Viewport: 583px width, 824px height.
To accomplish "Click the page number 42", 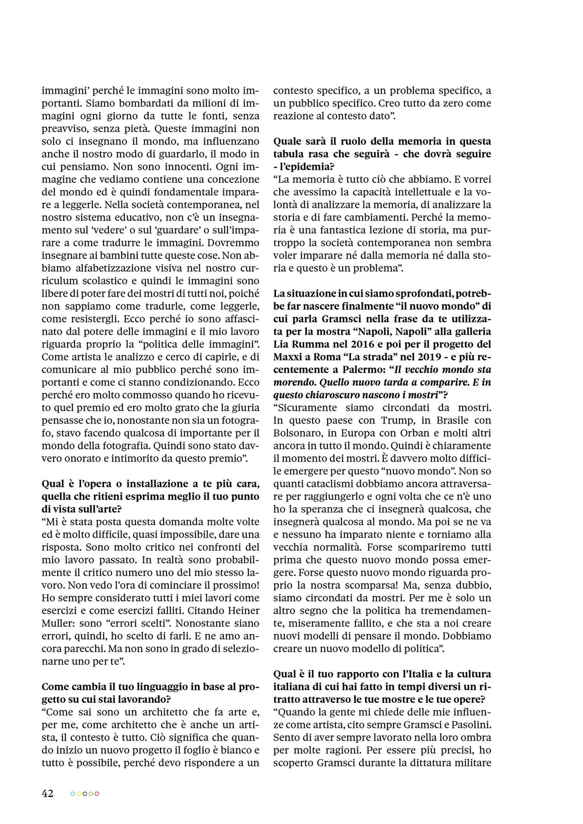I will tap(47, 793).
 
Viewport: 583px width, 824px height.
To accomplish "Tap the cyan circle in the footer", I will tap(73, 794).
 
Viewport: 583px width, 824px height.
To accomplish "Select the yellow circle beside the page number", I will tap(79, 794).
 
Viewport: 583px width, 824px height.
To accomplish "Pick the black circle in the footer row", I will tap(85, 794).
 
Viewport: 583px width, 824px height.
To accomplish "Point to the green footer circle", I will tap(91, 794).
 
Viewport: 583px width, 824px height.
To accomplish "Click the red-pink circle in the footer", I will tap(97, 794).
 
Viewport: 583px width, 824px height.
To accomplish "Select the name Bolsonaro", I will tap(298, 433).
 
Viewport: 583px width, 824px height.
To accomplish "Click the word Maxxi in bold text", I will tap(288, 357).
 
